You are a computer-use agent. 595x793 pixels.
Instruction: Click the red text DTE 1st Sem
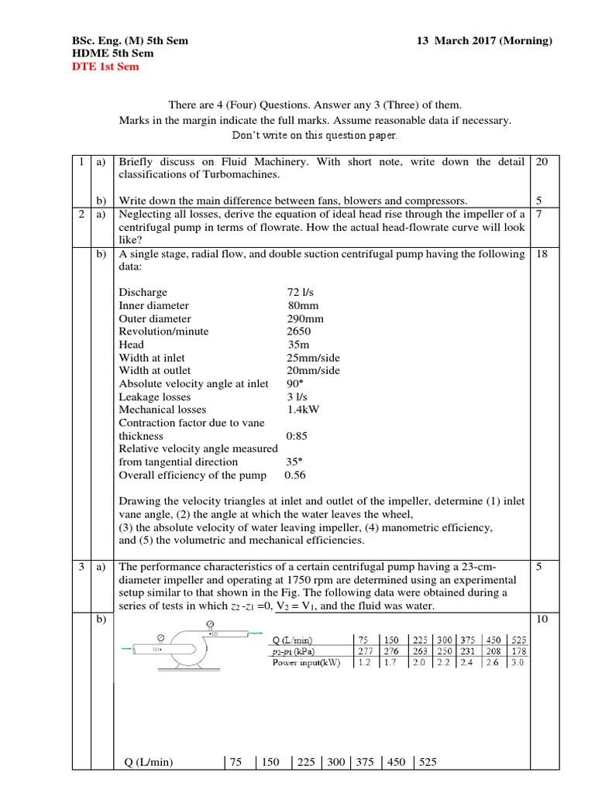tap(106, 67)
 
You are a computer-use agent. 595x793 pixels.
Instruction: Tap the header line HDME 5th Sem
tap(112, 53)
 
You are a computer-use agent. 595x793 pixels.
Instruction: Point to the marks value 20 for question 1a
tap(542, 162)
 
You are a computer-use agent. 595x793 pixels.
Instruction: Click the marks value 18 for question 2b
tap(542, 254)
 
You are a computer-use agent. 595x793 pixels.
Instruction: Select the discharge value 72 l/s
tap(298, 293)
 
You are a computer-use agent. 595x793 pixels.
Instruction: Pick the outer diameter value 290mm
tap(305, 319)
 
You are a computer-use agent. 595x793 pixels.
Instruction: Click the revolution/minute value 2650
tap(299, 331)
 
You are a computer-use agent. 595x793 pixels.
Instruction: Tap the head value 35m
tap(297, 345)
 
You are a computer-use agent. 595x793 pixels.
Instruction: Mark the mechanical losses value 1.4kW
tap(304, 410)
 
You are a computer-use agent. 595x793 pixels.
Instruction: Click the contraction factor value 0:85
tap(298, 436)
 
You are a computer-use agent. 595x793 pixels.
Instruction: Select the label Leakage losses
tap(152, 396)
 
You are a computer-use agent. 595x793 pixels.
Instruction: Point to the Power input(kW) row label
tap(308, 663)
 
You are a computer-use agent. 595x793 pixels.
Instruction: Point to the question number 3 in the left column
tap(81, 567)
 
